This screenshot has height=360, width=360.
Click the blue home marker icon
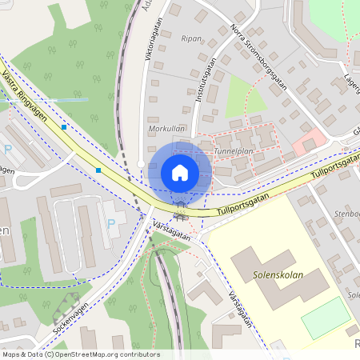click(180, 173)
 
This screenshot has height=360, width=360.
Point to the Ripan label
click(191, 38)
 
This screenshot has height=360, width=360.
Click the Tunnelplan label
click(234, 150)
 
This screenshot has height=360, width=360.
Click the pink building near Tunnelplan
click(309, 145)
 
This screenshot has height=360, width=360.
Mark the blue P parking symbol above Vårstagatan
click(110, 224)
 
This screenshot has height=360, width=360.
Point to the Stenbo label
click(346, 214)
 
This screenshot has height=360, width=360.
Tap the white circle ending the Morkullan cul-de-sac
click(141, 164)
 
